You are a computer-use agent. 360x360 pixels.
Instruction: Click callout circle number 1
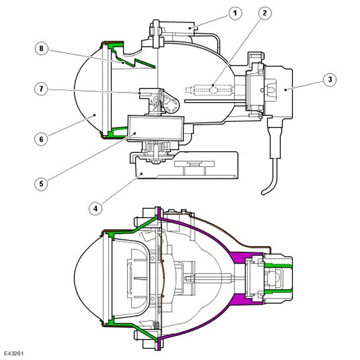[235, 13]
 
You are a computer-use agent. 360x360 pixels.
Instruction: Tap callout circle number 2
[265, 13]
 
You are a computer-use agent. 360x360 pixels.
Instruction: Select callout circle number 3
[330, 80]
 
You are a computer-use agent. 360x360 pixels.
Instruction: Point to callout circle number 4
[95, 208]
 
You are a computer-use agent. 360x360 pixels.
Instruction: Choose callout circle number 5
[42, 184]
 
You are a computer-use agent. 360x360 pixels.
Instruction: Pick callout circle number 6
[42, 139]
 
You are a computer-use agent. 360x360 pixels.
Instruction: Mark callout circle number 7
[42, 89]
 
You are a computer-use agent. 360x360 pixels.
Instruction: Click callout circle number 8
[42, 49]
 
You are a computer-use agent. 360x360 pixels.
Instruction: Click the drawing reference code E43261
[13, 353]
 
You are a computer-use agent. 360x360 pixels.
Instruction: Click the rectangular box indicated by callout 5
[156, 127]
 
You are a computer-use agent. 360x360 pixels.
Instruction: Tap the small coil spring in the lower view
[156, 325]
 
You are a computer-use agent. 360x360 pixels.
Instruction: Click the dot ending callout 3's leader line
[285, 90]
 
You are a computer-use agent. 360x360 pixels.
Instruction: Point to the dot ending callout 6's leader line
[95, 116]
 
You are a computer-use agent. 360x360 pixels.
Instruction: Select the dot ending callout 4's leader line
[142, 173]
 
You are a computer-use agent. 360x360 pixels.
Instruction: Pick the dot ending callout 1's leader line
[189, 28]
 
